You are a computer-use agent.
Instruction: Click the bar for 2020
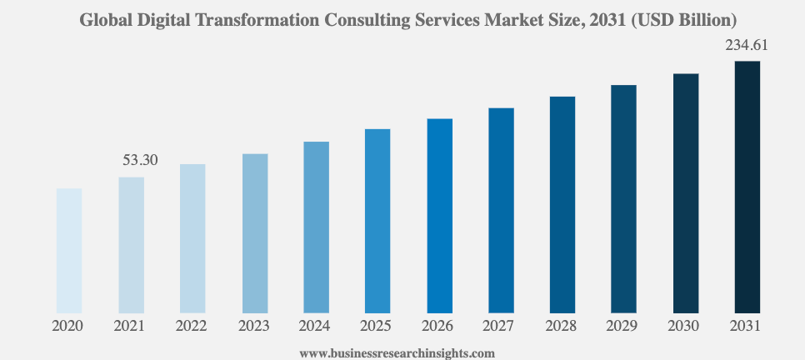click(x=69, y=251)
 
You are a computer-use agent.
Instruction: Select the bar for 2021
click(x=131, y=246)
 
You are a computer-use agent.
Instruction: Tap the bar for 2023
click(x=255, y=234)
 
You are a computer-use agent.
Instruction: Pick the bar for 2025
click(x=377, y=222)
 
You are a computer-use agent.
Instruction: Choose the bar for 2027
click(x=501, y=211)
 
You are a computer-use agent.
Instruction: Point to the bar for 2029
click(x=623, y=199)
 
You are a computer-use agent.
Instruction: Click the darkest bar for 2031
click(x=747, y=187)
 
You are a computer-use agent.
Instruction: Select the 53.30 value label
click(x=140, y=160)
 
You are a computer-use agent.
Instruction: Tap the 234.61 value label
click(x=746, y=46)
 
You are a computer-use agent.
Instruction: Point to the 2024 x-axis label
click(x=316, y=327)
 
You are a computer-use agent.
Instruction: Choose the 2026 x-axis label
click(x=439, y=327)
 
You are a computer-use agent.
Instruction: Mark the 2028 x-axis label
click(x=562, y=327)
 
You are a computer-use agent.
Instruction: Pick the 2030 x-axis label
click(x=685, y=327)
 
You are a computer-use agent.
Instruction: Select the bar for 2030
click(x=686, y=193)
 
